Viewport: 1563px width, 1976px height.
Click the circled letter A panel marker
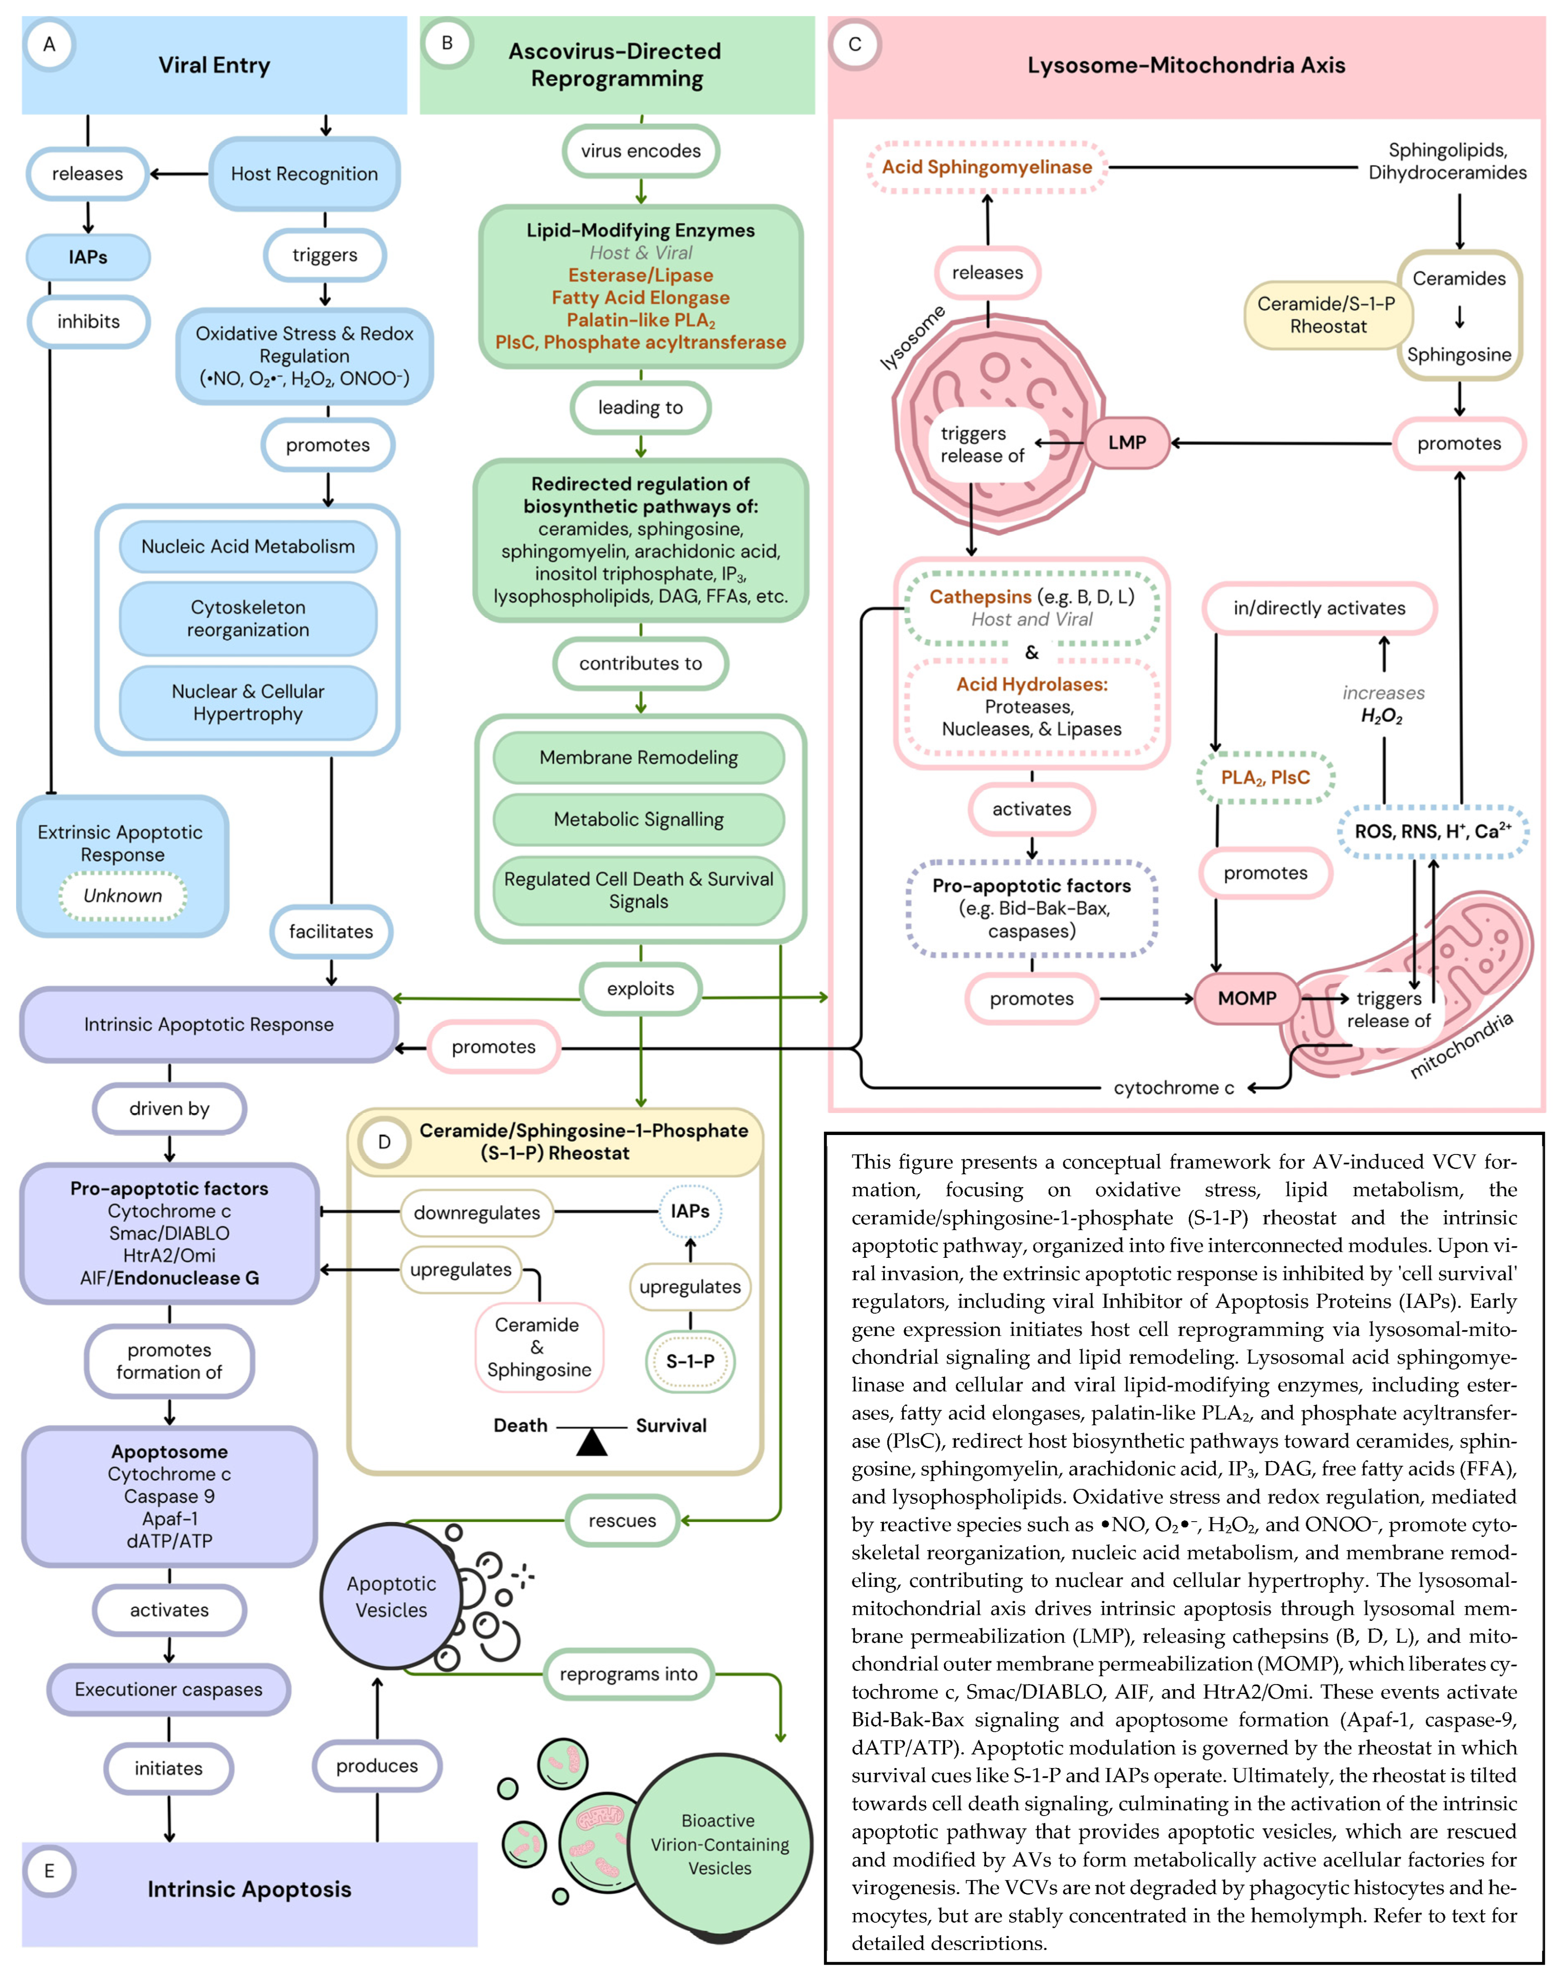point(49,44)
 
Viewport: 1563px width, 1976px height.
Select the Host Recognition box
point(304,174)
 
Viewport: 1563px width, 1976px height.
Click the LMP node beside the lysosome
point(1127,443)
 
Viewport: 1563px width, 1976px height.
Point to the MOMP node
point(1246,998)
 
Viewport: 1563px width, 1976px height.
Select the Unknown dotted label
point(123,896)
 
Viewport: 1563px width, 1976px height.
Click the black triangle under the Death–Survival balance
point(592,1443)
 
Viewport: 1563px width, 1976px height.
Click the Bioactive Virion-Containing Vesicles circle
point(719,1844)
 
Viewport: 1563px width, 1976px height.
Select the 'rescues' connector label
point(622,1520)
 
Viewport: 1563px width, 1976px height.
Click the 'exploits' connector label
point(641,989)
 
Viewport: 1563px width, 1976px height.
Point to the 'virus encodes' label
point(641,151)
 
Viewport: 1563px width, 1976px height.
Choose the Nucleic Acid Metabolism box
point(248,546)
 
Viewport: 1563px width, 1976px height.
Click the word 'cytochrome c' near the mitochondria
point(1173,1088)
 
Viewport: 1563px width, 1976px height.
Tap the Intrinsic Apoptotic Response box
point(209,1024)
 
